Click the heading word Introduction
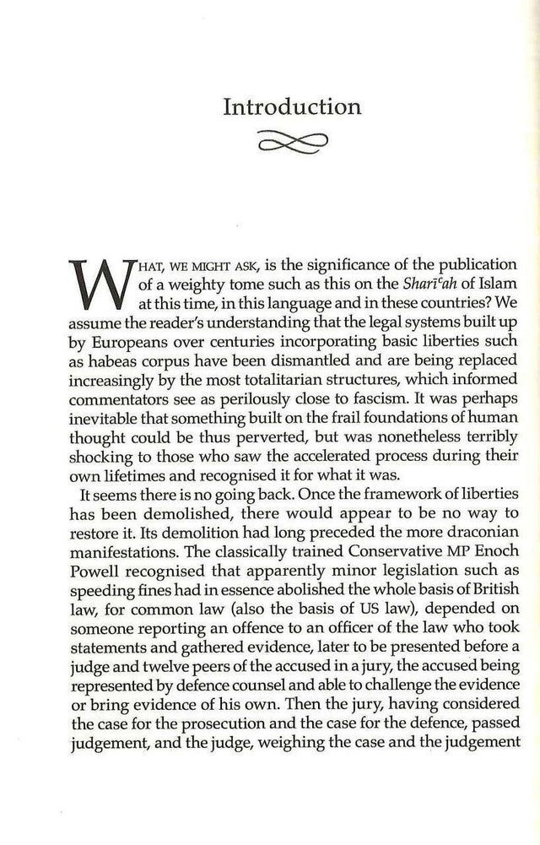[291, 107]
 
